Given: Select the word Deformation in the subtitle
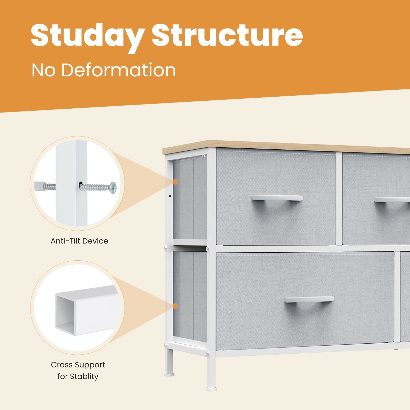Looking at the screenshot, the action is pos(118,70).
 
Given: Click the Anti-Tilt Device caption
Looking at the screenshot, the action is pos(79,241).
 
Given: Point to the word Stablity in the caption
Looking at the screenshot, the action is pos(84,376).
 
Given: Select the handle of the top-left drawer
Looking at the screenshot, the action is pos(277,198).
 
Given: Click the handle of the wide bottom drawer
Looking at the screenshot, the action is pos(309,299).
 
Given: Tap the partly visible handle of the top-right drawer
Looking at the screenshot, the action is pos(392,200).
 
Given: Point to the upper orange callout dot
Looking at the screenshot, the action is pos(175,182).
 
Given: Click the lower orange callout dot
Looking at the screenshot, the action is pos(175,306).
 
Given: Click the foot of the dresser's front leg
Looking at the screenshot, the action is pos(211,389).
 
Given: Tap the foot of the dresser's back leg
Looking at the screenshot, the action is pos(169,375).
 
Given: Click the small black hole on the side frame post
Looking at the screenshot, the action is pos(170,196).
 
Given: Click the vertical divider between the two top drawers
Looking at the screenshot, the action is pos(339,199).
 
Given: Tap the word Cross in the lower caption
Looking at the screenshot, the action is pos(62,365).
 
